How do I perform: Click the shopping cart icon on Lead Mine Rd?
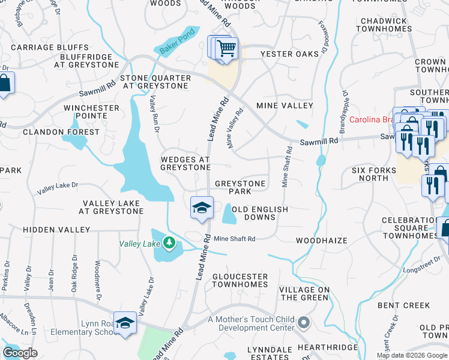[226, 48]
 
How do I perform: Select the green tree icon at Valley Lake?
[170, 243]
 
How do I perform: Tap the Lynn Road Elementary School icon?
[125, 323]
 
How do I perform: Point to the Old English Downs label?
[260, 213]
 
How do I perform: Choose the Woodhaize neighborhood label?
[322, 241]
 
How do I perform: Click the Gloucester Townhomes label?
[240, 280]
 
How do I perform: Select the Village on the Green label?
[305, 293]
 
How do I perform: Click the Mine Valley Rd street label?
[235, 127]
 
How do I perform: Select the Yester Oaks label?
[289, 54]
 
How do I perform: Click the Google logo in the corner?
[20, 352]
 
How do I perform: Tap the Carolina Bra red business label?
[372, 119]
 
